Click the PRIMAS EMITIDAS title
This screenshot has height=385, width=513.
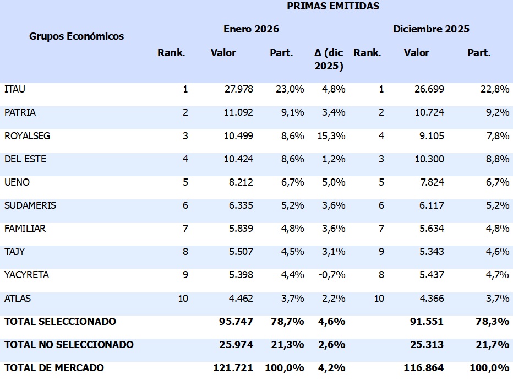click(333, 7)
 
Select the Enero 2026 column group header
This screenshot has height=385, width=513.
click(251, 29)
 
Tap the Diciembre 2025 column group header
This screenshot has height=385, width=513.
click(431, 29)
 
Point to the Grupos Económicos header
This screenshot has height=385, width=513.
click(77, 36)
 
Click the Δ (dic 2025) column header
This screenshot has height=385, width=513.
click(329, 59)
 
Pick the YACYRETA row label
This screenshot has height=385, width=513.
click(26, 275)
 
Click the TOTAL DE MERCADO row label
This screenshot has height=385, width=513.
click(54, 367)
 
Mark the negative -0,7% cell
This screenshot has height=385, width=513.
click(332, 275)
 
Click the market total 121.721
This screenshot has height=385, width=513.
click(233, 367)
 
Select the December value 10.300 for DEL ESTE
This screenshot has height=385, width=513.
click(429, 159)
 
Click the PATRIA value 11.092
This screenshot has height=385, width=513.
click(239, 112)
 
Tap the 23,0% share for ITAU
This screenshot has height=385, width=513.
click(290, 89)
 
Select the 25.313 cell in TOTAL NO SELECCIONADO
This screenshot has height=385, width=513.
click(427, 345)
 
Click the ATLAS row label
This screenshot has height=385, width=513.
click(18, 299)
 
